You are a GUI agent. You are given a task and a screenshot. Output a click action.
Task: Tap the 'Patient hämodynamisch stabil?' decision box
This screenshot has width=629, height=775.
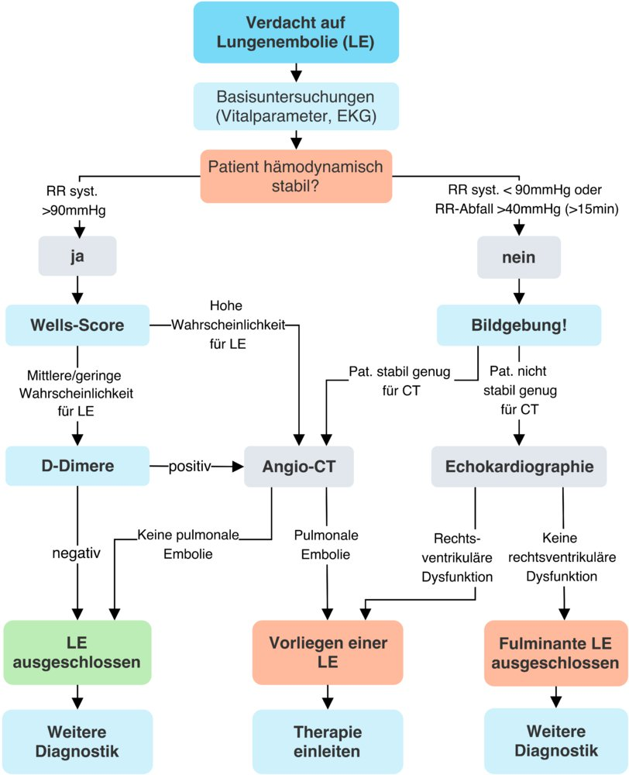point(295,176)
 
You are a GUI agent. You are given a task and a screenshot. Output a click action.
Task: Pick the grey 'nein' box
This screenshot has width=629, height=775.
point(517,257)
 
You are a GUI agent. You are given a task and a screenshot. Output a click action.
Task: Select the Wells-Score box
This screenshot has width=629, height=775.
point(77,325)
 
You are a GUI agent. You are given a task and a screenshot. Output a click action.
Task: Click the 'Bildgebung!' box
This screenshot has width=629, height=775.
point(519,325)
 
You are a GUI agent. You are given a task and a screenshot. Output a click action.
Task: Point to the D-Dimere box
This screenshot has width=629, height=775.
point(77,467)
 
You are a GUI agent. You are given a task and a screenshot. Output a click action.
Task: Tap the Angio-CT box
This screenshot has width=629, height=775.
point(298,467)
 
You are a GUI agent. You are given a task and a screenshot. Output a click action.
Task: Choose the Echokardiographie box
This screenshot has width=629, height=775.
point(518,467)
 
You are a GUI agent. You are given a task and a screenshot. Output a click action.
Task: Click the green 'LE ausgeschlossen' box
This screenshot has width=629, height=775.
point(77,653)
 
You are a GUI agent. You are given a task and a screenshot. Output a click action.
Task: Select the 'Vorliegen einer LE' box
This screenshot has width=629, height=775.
point(328,653)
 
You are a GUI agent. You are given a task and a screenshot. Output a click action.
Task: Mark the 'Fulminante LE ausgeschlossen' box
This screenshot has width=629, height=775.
point(555,653)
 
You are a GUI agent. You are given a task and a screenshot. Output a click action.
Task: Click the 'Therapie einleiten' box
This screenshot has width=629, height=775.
point(328,742)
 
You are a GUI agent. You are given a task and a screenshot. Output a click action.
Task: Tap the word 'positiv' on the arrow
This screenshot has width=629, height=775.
point(191,467)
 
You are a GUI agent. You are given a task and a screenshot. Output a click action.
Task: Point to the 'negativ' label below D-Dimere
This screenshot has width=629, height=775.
point(77,555)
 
